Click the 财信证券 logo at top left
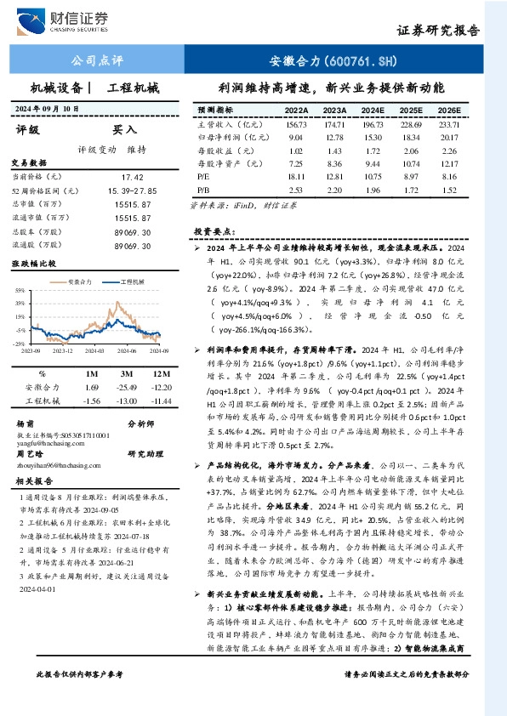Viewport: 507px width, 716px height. pos(77,19)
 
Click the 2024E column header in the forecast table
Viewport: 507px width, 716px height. pos(372,111)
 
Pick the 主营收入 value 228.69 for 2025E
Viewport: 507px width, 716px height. pos(411,124)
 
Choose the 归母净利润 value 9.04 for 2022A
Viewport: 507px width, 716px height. pos(296,137)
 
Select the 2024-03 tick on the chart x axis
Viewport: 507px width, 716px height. pos(95,349)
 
